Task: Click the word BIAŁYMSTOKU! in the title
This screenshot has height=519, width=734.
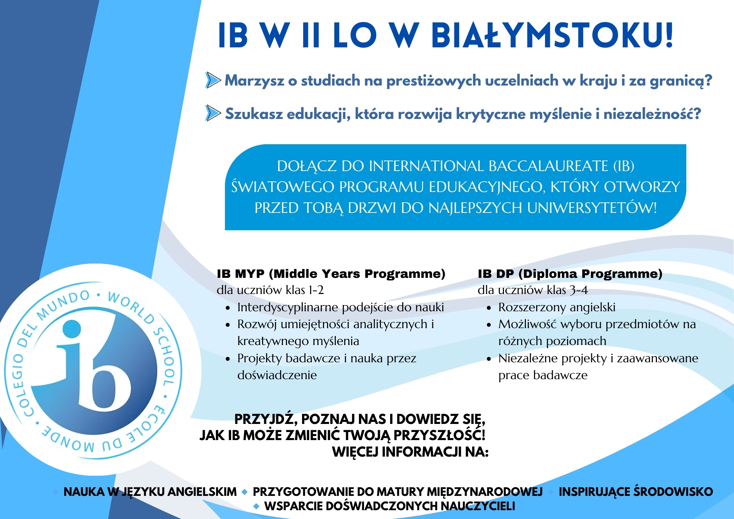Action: [x=552, y=35]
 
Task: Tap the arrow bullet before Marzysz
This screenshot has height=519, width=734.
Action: [x=212, y=80]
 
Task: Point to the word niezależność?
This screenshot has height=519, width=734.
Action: [x=652, y=114]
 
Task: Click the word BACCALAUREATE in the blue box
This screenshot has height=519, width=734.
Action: [x=548, y=166]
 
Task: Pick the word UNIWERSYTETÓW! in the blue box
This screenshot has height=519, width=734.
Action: [x=592, y=208]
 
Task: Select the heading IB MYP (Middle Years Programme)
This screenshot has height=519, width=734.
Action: [x=331, y=274]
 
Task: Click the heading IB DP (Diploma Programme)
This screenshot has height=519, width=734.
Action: [x=570, y=274]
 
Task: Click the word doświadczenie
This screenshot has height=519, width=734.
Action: [x=277, y=375]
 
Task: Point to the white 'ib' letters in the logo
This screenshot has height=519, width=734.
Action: [x=94, y=371]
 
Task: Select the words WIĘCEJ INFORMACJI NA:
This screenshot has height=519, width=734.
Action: [x=410, y=452]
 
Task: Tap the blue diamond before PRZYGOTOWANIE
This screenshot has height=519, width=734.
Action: [x=245, y=492]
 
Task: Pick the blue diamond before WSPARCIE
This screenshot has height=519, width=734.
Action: [x=257, y=507]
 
